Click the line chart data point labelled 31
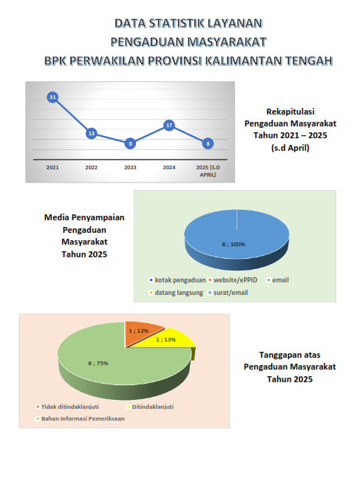52,97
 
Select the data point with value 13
92,133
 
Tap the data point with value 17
169,125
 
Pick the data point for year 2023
130,143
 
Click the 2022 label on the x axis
92,167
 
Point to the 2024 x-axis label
169,167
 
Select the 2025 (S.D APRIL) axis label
208,171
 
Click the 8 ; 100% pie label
234,245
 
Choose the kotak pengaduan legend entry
177,280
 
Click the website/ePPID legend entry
233,280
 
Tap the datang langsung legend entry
176,293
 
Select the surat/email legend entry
228,293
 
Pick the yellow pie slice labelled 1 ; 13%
171,339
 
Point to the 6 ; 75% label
98,363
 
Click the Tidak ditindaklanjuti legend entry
67,407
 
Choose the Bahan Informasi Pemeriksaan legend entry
80,418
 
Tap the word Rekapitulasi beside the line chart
291,112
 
